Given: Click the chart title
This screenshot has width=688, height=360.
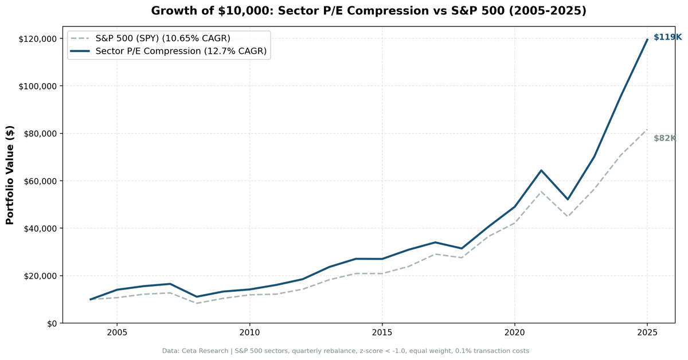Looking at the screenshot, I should click(x=369, y=11).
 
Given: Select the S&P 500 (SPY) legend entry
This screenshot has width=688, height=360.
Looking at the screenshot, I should click(x=163, y=38).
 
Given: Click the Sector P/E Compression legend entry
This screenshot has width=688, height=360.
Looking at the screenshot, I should click(x=181, y=52).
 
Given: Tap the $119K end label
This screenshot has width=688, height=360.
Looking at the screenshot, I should click(x=667, y=37).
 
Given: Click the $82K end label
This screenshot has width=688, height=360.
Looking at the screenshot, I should click(x=664, y=138).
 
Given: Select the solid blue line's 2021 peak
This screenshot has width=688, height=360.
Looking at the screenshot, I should click(x=541, y=170).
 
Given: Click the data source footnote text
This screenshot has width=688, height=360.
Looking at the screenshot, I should click(x=345, y=351).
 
